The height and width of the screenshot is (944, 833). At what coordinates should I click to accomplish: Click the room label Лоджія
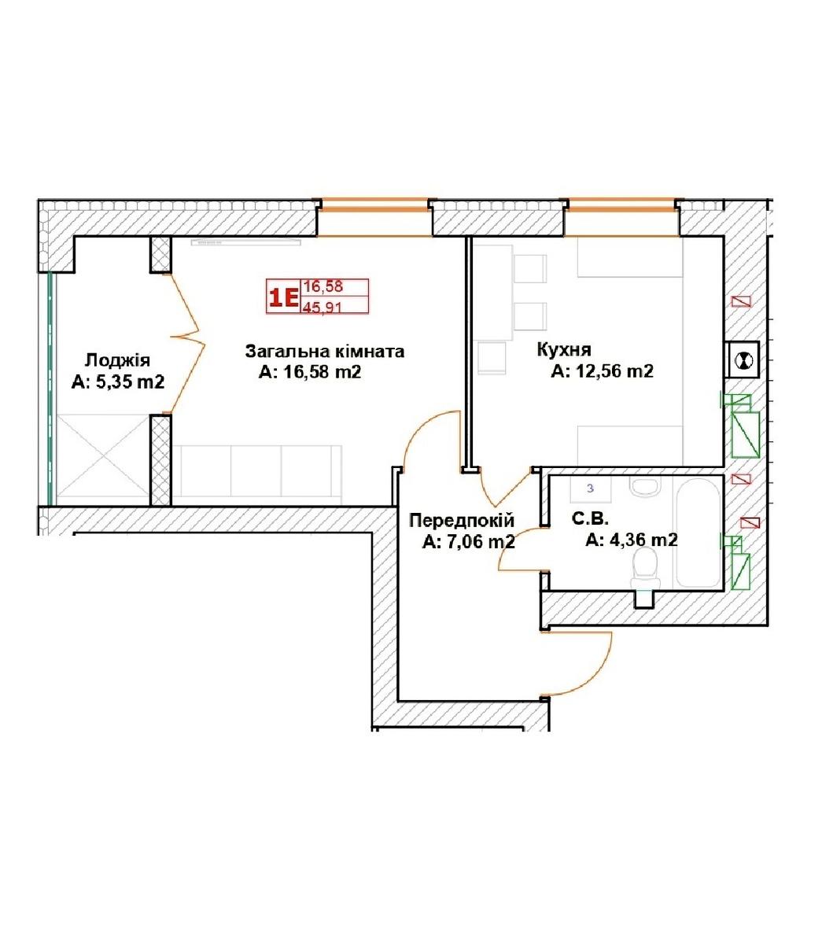pos(117,360)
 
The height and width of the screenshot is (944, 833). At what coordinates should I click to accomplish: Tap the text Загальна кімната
pos(325,351)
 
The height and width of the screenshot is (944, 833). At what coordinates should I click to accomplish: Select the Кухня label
pos(564,349)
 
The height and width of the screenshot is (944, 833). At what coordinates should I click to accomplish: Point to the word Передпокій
pos(462,520)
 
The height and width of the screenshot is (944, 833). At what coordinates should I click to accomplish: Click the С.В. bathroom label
pos(590,518)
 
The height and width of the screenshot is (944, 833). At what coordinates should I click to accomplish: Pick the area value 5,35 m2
pos(130,382)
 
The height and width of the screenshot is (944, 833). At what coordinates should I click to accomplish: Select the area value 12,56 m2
pos(615,371)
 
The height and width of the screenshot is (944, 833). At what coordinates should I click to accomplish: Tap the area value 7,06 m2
pos(481,541)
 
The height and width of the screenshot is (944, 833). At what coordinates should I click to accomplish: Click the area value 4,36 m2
pos(643,540)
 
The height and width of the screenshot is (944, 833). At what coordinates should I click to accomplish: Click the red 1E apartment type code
pos(284,297)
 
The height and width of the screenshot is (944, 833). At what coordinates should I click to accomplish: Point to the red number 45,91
pos(322,307)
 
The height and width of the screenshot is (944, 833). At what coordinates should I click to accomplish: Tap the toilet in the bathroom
pos(645,569)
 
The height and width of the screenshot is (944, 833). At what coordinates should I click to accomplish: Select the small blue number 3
pos(590,489)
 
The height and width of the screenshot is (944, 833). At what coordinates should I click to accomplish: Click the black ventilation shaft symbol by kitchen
pos(743,360)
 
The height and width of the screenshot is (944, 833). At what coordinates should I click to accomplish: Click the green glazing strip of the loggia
pos(51,389)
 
